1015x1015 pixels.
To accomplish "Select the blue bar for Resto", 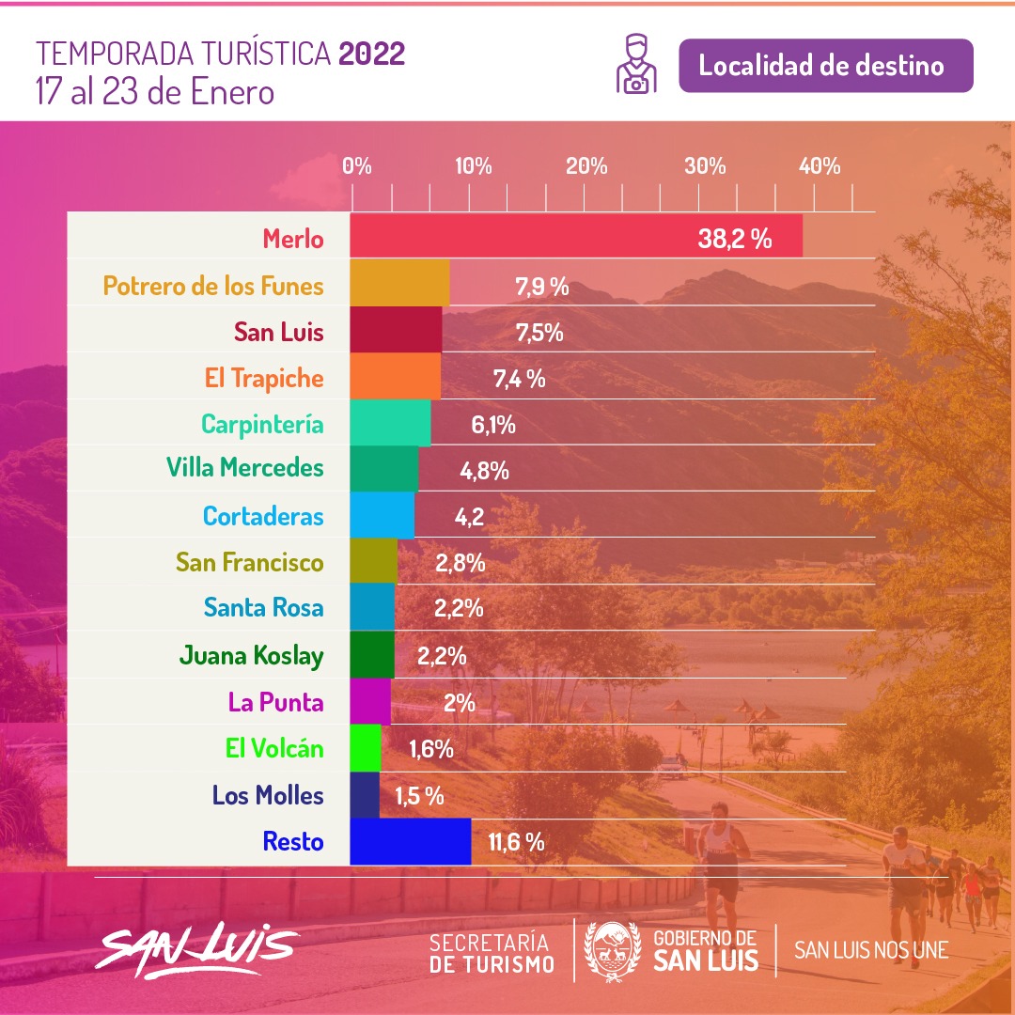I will [x=410, y=841].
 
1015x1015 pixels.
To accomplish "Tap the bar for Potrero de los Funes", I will [x=399, y=283].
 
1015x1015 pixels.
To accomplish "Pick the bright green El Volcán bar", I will [x=366, y=748].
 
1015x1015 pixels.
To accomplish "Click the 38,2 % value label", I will [x=734, y=239].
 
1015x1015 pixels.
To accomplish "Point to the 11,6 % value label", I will [x=516, y=842].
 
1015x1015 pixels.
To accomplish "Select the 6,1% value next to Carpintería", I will [x=492, y=425].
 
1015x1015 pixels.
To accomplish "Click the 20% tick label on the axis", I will [x=586, y=166].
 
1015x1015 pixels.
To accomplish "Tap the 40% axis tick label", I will [x=820, y=166].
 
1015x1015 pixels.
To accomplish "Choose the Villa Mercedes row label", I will [x=244, y=467].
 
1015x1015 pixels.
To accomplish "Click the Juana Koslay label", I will [x=251, y=655].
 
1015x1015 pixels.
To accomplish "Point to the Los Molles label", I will [x=267, y=795].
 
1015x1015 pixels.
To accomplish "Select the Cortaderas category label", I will [x=262, y=516].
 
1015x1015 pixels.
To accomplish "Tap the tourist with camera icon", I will [x=636, y=64].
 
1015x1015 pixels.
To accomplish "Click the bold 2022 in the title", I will [x=371, y=55].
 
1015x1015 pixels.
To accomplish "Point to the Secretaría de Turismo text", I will [x=492, y=952].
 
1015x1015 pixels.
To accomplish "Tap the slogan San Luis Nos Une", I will [x=871, y=949].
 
